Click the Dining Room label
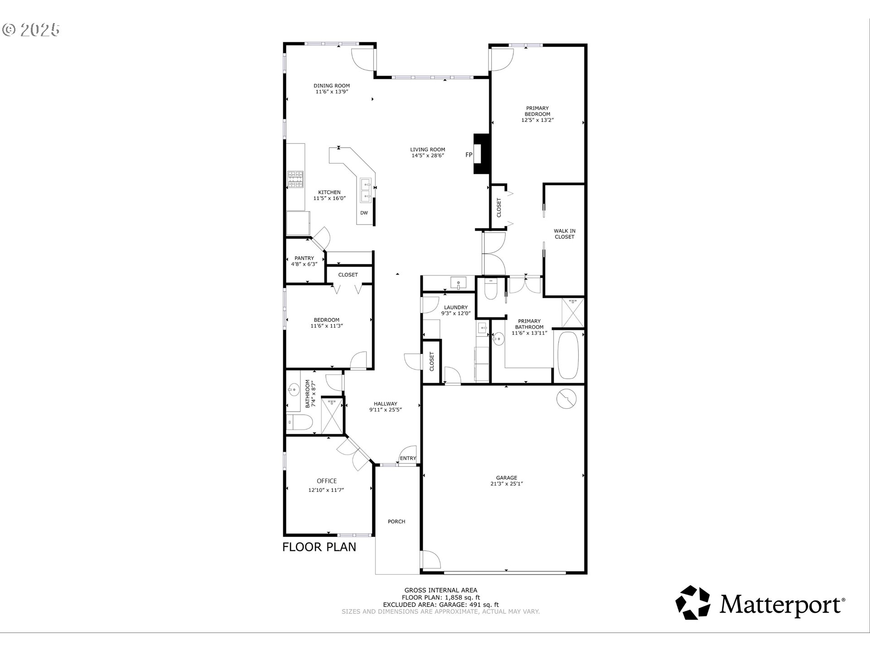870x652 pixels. coord(332,86)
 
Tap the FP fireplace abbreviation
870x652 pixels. coord(469,155)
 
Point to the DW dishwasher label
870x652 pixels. coord(364,213)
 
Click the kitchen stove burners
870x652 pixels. coord(296,179)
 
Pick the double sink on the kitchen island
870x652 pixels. coord(366,191)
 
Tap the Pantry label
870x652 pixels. coord(304,258)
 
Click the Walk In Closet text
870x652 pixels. coord(565,234)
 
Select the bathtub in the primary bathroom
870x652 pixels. coord(568,356)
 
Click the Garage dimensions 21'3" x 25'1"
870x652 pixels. coord(507,484)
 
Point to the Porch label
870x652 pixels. coord(396,522)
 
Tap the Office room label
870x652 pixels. coord(327,481)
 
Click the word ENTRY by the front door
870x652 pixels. coord(408,458)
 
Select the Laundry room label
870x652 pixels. coord(456,307)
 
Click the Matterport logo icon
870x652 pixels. coord(693,602)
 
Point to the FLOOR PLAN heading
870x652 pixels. coord(319,547)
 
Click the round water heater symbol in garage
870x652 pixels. coord(566,399)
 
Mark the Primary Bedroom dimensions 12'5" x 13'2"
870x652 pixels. coord(538,120)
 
